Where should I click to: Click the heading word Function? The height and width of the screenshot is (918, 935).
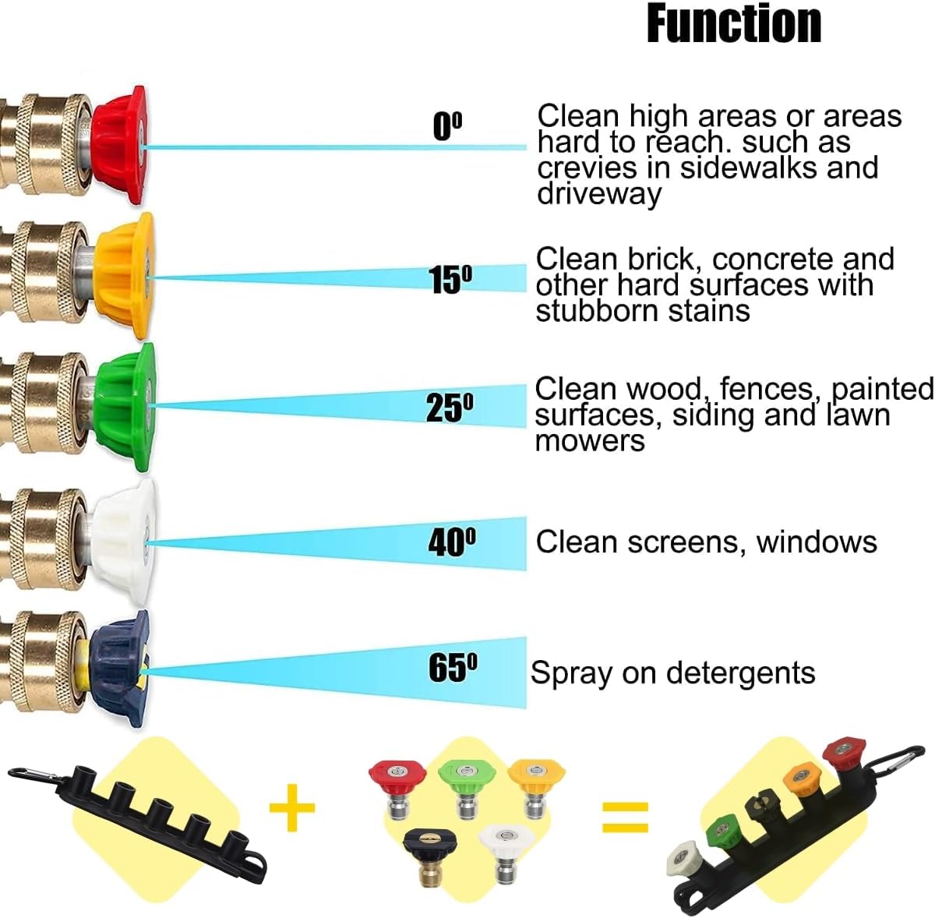point(734,23)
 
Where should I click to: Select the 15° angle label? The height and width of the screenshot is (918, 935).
point(450,278)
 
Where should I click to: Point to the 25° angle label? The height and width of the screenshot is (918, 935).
point(450,407)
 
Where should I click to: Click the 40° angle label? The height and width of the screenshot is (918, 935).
point(452,542)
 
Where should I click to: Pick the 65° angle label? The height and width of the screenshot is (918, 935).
point(453,668)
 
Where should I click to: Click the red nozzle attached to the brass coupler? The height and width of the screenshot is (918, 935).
point(118,146)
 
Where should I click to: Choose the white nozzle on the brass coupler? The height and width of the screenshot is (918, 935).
point(123,541)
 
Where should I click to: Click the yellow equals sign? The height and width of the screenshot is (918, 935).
point(625,816)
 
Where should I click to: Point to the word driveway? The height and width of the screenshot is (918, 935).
point(599,193)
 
